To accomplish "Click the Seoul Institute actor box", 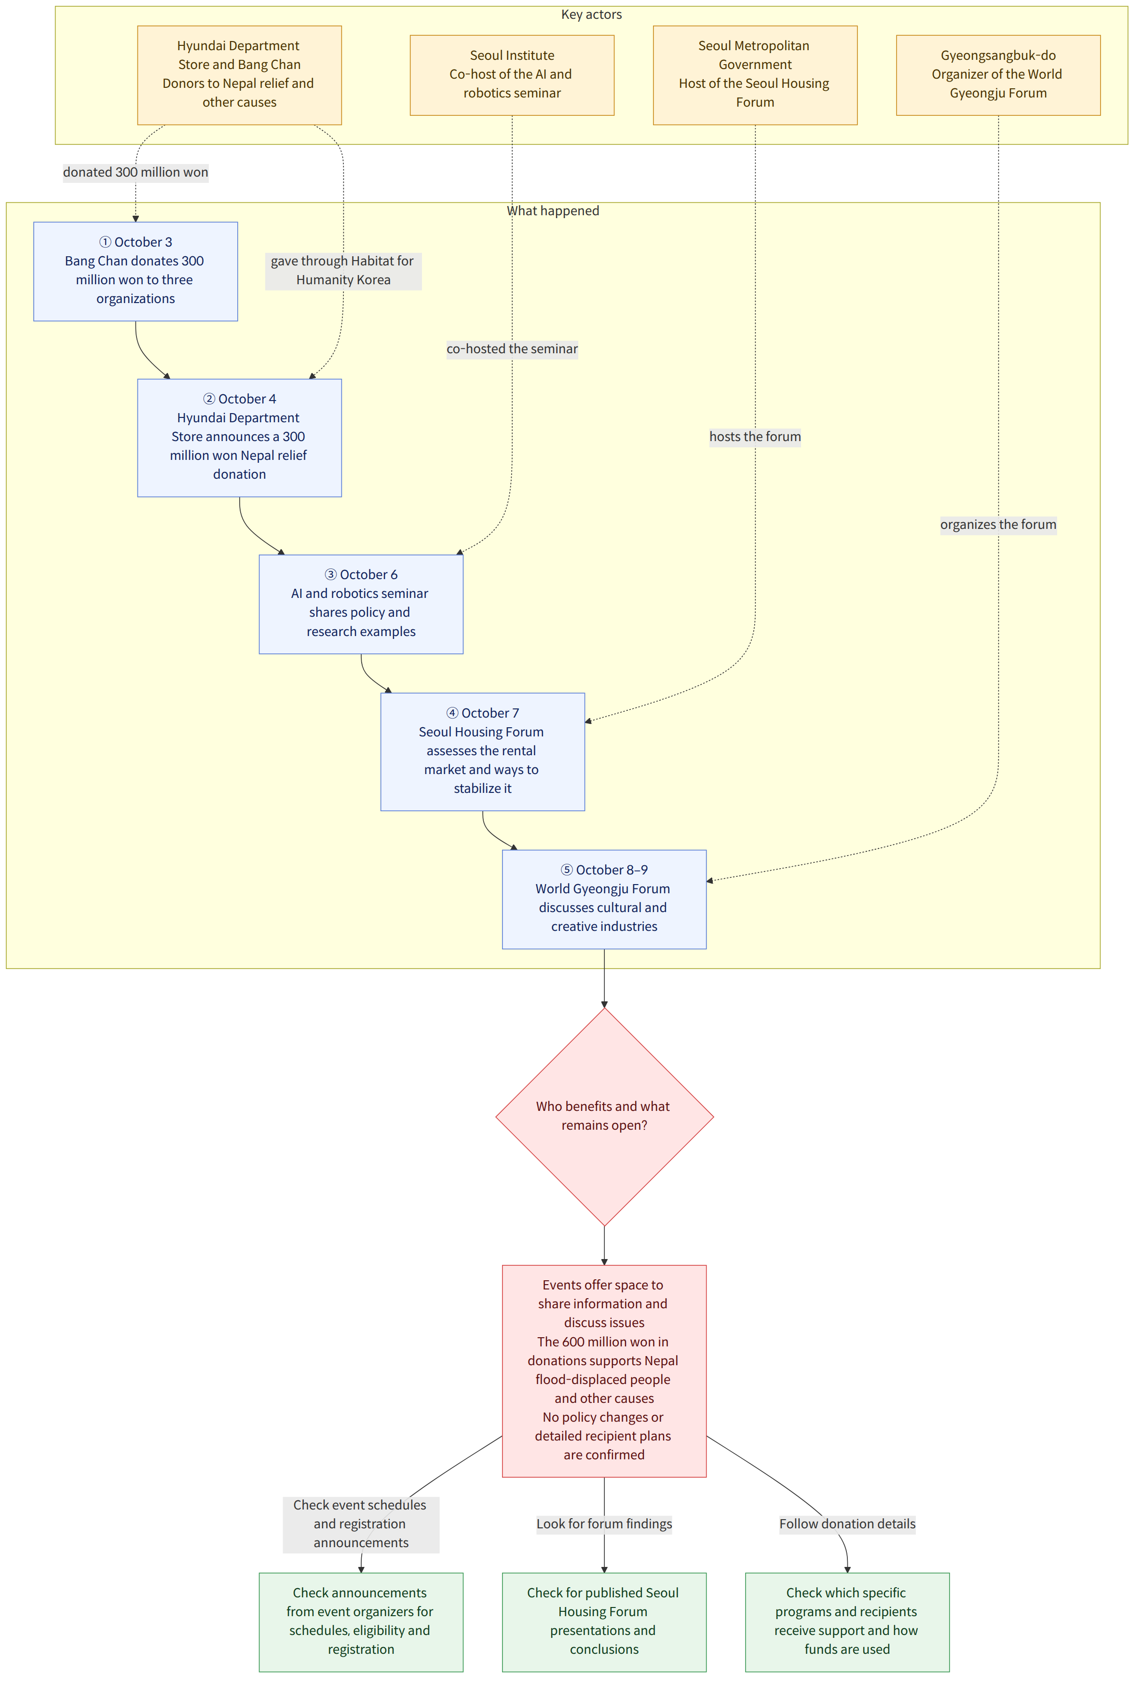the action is click(512, 75).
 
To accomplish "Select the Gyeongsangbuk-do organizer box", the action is click(998, 75).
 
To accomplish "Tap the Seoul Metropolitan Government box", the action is click(755, 75).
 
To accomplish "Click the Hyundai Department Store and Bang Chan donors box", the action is click(239, 75).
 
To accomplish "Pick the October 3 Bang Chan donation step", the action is click(135, 271).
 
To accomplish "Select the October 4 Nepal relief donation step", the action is click(239, 438).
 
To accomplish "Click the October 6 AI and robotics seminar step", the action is click(361, 604).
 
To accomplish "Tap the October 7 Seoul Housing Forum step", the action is click(483, 752).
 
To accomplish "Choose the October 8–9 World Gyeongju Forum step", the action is click(604, 900).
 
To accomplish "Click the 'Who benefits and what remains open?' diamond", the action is click(604, 1116).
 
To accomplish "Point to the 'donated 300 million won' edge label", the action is click(135, 172).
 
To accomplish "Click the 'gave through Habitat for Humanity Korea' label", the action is click(343, 271).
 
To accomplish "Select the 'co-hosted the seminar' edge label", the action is click(512, 349).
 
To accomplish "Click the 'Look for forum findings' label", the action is click(604, 1524).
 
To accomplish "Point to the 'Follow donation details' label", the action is click(848, 1524).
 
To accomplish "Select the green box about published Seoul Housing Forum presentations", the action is click(604, 1622).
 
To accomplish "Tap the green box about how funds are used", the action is click(848, 1622).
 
